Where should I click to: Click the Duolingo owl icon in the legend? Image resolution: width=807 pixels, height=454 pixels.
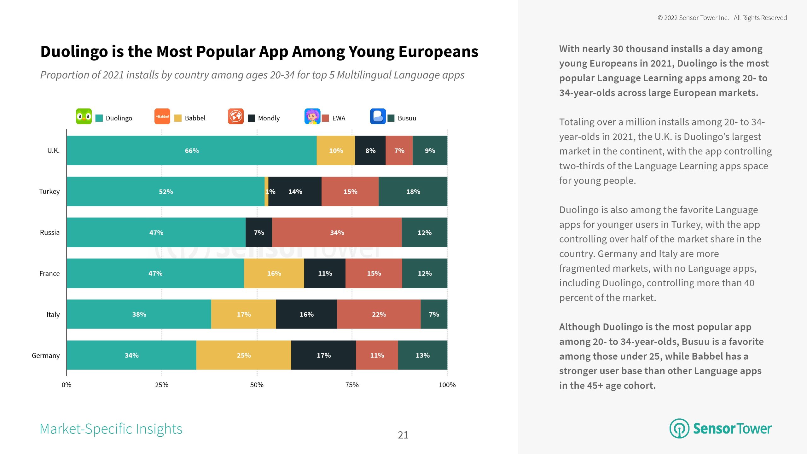pos(84,116)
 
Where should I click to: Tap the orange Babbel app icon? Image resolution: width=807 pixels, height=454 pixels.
pos(162,116)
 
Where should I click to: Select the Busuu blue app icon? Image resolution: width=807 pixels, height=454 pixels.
pos(378,116)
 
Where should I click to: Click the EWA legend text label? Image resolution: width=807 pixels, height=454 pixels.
pos(339,118)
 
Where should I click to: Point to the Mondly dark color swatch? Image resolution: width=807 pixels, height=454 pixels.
pos(251,118)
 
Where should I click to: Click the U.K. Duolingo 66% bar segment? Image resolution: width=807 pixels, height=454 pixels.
pos(192,151)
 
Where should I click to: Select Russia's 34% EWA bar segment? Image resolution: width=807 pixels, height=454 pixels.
pos(337,233)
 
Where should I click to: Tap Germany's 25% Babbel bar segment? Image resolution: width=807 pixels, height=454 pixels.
pos(243,355)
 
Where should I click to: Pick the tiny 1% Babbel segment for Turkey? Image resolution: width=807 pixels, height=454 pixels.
pos(266,191)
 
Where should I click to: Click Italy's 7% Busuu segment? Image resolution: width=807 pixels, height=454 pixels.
pos(434,314)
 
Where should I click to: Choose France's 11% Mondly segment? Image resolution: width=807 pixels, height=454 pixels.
pos(325,273)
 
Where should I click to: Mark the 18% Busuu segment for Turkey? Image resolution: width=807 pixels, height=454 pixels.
pos(413,191)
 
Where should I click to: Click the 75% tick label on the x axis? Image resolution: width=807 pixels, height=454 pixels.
pos(352,385)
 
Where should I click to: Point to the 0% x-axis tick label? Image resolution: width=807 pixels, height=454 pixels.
pos(67,385)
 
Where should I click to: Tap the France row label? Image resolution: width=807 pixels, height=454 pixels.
pos(49,274)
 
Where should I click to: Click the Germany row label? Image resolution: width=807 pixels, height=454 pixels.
pos(46,356)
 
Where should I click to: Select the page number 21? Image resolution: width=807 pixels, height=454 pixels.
pos(403,435)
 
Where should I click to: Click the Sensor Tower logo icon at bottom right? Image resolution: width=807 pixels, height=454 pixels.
pos(679,428)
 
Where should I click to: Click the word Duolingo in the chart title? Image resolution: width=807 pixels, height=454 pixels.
pos(74,52)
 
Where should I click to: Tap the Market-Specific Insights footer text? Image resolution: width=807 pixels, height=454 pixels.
pos(111,429)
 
